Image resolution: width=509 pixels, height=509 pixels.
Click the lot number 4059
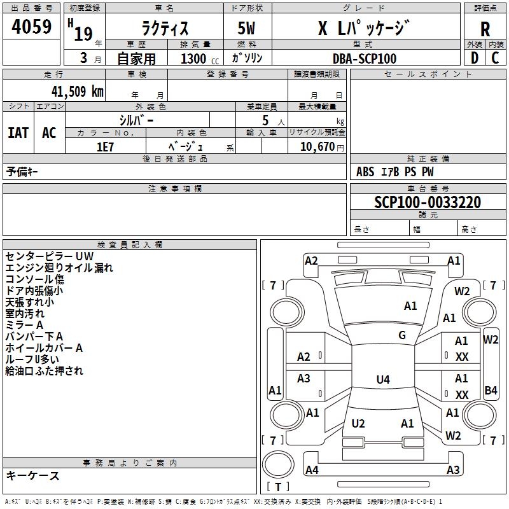coord(32,27)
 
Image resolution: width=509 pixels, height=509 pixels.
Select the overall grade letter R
coord(485,29)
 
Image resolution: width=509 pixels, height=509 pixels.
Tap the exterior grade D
coord(474,58)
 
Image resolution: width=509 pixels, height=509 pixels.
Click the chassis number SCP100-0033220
coord(428,202)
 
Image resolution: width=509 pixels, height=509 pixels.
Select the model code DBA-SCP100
coord(365,59)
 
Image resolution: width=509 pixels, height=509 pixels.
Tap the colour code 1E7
coord(106,146)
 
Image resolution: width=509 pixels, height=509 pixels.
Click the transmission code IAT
coord(18,132)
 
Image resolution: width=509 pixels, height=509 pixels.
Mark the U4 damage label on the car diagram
coord(382,380)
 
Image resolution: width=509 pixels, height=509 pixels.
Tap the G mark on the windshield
coord(402,335)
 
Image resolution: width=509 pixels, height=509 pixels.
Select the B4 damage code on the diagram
coord(491,390)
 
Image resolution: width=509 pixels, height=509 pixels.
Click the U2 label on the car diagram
coord(358,424)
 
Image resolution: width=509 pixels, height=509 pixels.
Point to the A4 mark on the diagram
coord(312,470)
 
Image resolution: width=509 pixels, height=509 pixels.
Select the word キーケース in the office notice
coord(33,475)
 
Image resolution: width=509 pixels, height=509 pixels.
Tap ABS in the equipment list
coord(365,172)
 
